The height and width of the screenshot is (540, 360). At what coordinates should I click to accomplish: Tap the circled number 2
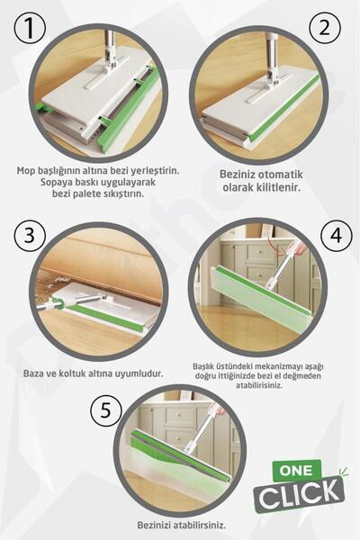click(323, 27)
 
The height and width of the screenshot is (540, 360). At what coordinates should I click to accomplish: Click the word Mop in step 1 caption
click(28, 170)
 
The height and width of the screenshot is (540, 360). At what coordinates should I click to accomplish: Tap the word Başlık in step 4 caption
click(208, 366)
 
